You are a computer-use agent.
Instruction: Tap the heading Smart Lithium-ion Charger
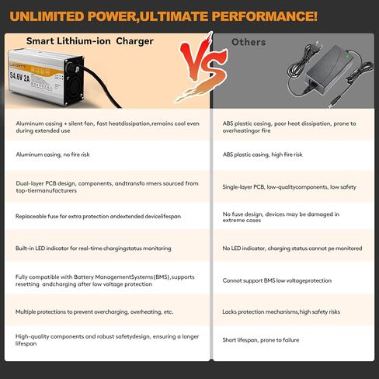(90, 41)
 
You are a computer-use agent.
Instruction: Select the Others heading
(249, 42)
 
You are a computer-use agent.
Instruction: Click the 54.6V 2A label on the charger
(20, 76)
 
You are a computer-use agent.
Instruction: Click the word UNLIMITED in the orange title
(47, 16)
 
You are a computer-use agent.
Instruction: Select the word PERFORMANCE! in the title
(265, 16)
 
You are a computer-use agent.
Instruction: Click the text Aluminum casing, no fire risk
(53, 155)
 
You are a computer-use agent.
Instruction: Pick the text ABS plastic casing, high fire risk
(263, 155)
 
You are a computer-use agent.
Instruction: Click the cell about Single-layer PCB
(289, 187)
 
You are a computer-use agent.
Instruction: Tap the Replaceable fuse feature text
(98, 216)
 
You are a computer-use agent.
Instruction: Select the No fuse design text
(281, 217)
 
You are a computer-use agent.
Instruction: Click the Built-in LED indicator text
(93, 249)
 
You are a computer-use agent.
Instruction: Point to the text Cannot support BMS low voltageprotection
(277, 280)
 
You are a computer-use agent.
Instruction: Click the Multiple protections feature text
(94, 311)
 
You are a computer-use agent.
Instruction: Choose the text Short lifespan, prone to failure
(261, 340)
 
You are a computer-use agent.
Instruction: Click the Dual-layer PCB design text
(107, 187)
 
